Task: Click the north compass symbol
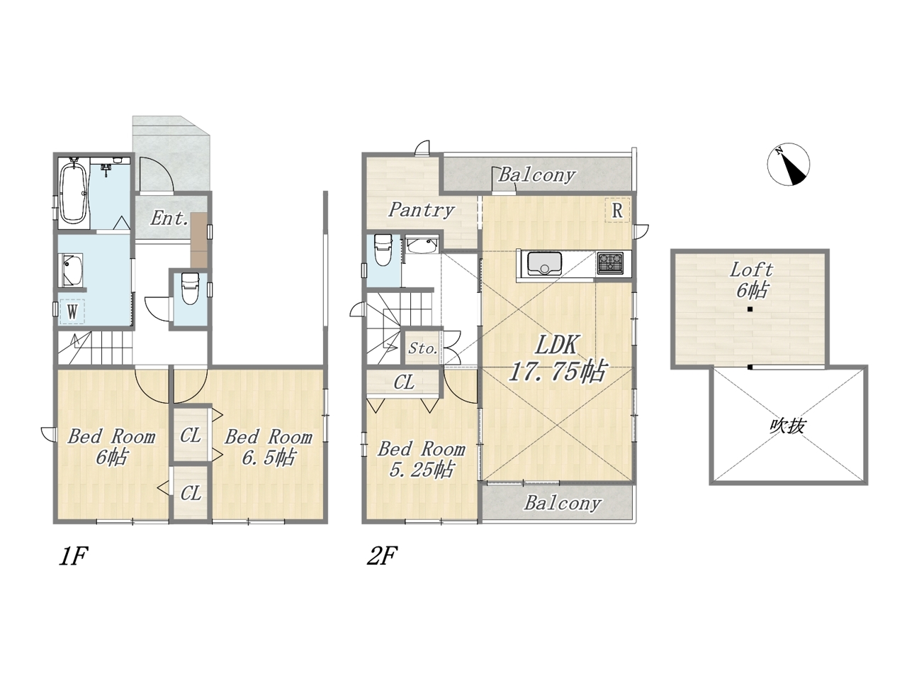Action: coord(789,165)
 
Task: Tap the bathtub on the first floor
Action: coord(74,192)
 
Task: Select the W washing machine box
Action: coord(72,311)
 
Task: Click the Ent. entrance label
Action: coord(169,218)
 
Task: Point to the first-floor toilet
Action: coord(191,288)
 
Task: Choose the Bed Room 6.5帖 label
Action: coord(269,448)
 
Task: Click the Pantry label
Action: coord(421,210)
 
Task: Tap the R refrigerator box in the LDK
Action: coord(617,210)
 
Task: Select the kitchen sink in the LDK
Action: coord(540,264)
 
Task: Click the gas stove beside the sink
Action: coord(610,263)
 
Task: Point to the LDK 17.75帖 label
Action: coord(557,358)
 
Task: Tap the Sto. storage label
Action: coord(423,348)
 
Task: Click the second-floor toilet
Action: coord(383,250)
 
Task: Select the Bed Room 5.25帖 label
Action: coord(422,460)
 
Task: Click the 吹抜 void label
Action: coord(787,426)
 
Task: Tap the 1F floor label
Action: coord(74,555)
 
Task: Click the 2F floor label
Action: coord(382,555)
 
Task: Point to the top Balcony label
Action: coord(537,175)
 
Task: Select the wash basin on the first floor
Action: coord(72,270)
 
